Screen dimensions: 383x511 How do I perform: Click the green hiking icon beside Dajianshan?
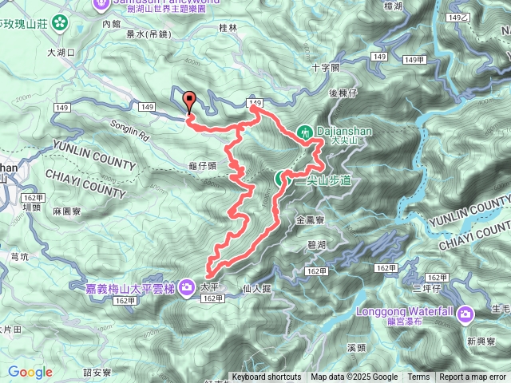point(306,132)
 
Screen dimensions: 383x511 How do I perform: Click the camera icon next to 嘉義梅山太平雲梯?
point(186,286)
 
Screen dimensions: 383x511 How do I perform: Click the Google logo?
point(30,372)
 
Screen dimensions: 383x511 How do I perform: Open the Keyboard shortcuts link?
point(266,377)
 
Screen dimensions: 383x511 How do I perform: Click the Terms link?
point(418,377)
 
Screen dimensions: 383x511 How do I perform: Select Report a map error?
point(473,377)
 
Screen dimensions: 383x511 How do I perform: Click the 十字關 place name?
point(326,67)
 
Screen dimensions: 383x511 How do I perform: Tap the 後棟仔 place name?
point(344,94)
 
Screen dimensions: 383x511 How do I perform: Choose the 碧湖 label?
point(315,244)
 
